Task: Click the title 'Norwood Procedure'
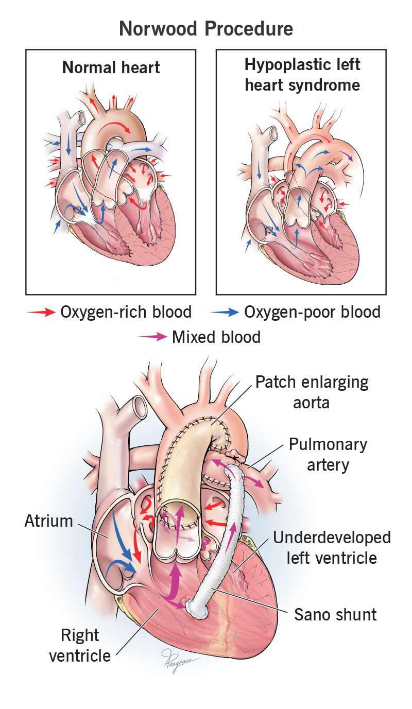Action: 206,29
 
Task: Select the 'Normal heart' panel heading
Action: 111,68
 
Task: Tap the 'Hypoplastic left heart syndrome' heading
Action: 302,75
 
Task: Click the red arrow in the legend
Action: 41,313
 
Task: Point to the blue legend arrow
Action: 224,313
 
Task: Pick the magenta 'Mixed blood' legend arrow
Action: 152,337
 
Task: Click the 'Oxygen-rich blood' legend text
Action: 126,312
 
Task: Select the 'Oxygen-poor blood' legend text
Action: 312,312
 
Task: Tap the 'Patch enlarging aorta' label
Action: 312,392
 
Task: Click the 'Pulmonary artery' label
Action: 328,455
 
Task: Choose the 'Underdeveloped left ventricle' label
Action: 332,547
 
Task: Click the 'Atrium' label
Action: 49,521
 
